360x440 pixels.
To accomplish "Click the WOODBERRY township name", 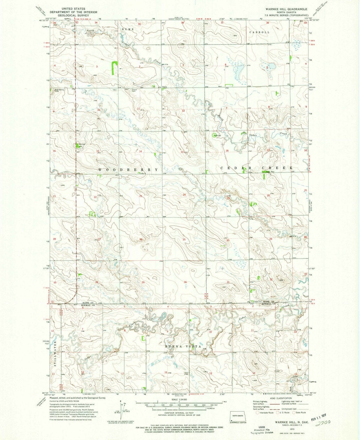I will coord(128,170).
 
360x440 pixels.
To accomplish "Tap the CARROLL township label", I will coord(259,32).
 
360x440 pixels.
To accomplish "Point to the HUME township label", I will coord(129,29).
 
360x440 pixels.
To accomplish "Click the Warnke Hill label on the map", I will coord(82,145).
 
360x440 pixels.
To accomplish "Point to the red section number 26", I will coord(141,239).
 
